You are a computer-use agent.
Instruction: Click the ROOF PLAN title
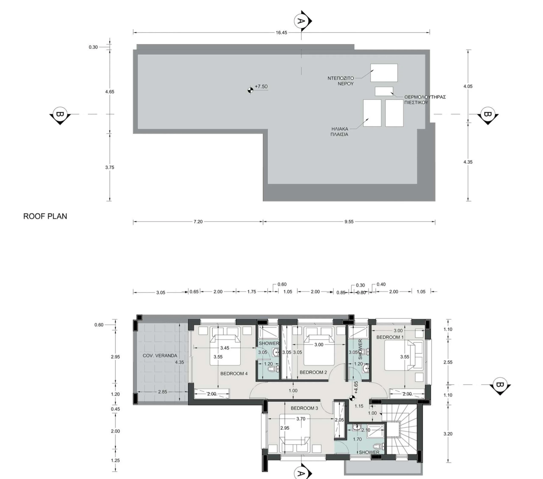click(45, 216)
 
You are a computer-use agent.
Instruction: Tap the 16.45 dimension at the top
click(281, 33)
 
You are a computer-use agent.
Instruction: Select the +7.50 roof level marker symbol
click(250, 90)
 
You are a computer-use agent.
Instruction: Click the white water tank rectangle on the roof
click(384, 73)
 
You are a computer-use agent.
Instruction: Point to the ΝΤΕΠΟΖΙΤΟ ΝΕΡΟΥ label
click(341, 81)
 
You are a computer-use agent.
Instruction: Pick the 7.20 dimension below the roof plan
click(198, 221)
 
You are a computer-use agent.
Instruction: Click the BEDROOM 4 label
click(234, 374)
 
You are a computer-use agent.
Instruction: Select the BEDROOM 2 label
click(313, 372)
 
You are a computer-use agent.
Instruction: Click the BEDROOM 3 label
click(304, 408)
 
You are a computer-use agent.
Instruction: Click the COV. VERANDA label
click(160, 356)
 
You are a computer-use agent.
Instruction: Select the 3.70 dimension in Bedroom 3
click(301, 419)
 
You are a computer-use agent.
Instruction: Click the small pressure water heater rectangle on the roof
click(384, 91)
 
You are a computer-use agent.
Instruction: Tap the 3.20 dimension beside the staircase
click(448, 434)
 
